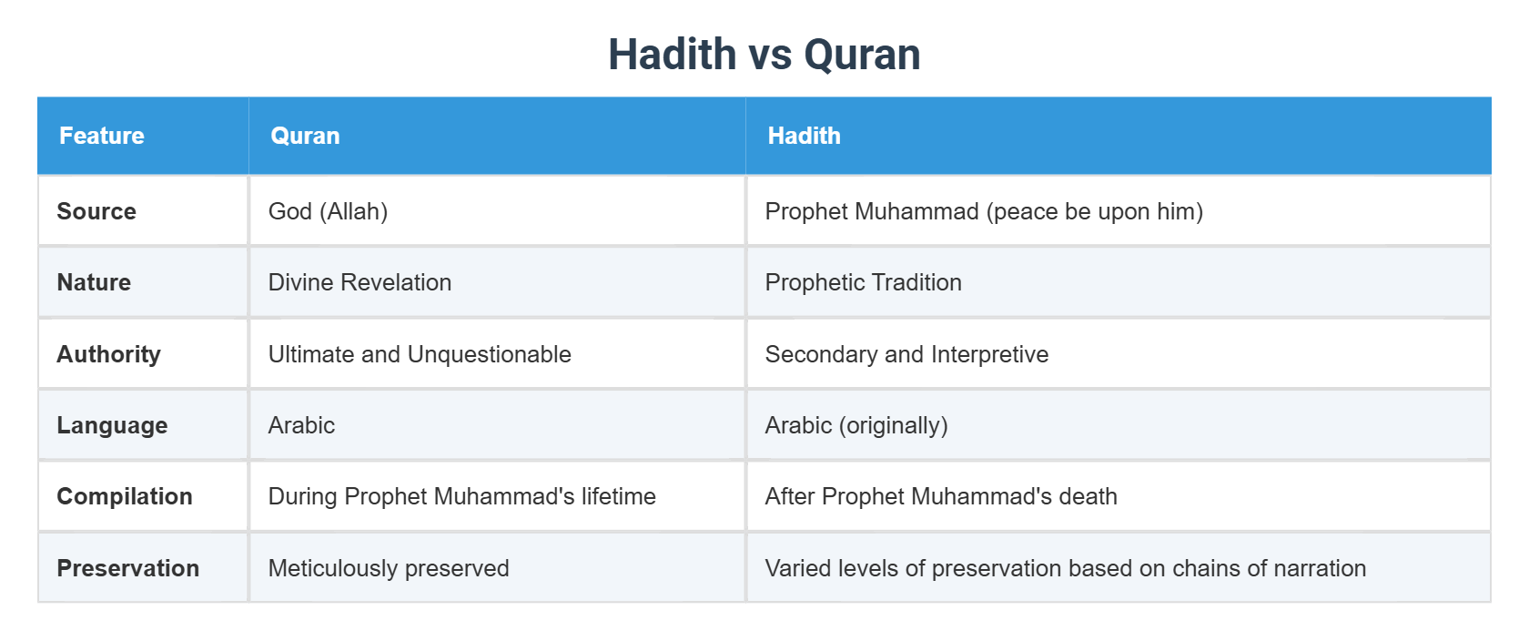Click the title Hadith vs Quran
click(x=764, y=55)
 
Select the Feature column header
click(x=102, y=136)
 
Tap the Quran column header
click(x=305, y=136)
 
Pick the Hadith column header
click(x=804, y=136)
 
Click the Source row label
click(x=96, y=211)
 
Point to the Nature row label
click(x=94, y=282)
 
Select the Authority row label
click(x=108, y=354)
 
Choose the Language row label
click(x=112, y=425)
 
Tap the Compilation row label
click(x=125, y=496)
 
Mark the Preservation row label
click(x=127, y=568)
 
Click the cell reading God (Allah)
click(x=328, y=211)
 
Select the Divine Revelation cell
click(x=359, y=282)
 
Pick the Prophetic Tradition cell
click(x=863, y=282)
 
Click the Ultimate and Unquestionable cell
click(x=420, y=354)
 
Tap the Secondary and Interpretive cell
click(x=906, y=354)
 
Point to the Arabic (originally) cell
click(x=856, y=425)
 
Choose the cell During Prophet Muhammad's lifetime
click(x=461, y=496)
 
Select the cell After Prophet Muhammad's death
click(x=941, y=496)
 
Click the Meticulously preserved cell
click(x=389, y=568)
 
